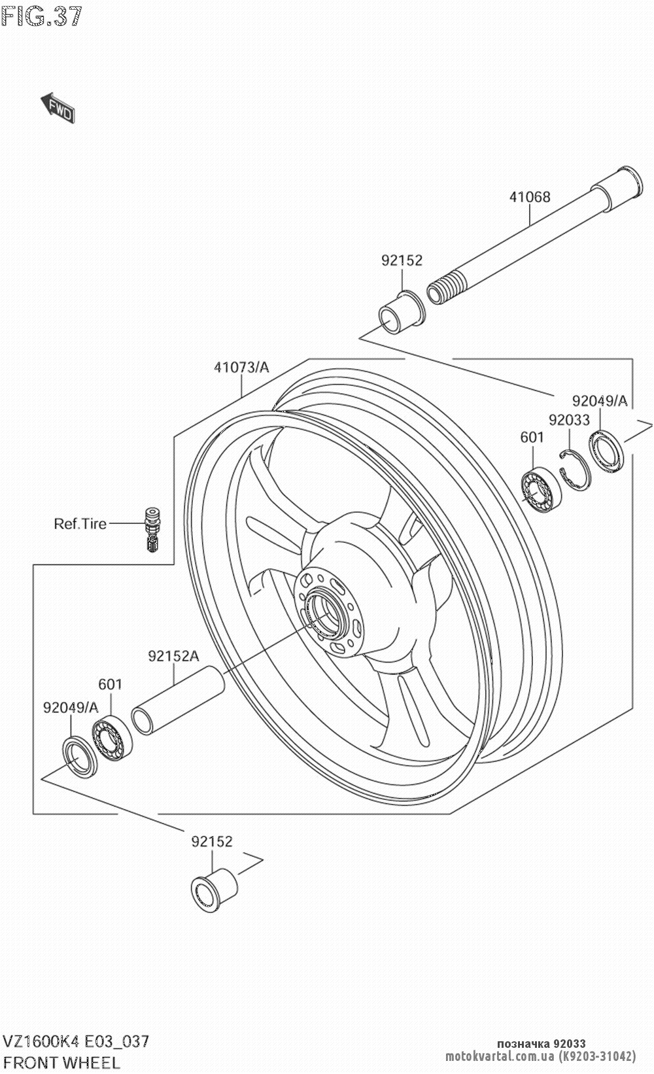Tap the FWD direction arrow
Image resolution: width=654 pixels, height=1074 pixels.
point(58,108)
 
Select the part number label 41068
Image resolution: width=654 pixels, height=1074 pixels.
point(529,197)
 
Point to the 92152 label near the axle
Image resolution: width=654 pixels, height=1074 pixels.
point(402,260)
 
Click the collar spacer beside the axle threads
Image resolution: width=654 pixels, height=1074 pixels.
point(402,312)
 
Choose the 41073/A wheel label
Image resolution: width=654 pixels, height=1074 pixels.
point(241,368)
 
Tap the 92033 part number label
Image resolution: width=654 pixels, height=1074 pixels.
point(569,420)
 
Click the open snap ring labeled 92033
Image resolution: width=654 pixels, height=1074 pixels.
point(575,470)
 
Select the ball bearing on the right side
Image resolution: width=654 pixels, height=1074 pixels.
point(541,489)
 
